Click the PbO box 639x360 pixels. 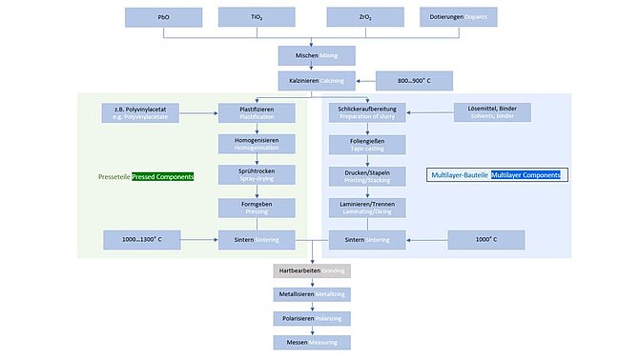pyautogui.click(x=165, y=17)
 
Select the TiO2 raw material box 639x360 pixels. pyautogui.click(x=257, y=17)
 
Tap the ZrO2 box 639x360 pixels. pyautogui.click(x=364, y=17)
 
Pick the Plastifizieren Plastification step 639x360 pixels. pyautogui.click(x=257, y=112)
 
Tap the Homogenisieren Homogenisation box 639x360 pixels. pyautogui.click(x=257, y=144)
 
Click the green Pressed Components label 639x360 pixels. pyautogui.click(x=162, y=177)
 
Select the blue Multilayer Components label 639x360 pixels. pyautogui.click(x=527, y=176)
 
